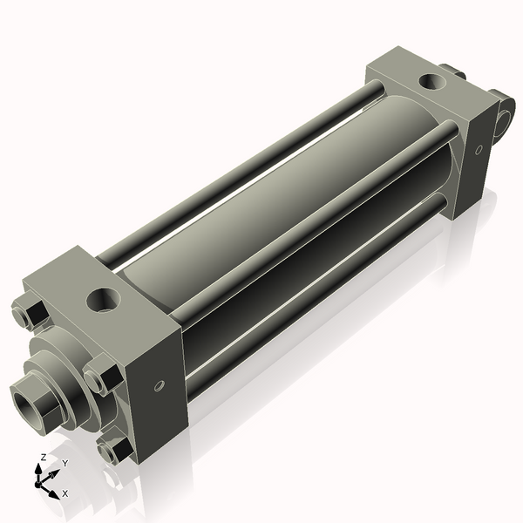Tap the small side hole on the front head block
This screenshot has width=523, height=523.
click(159, 384)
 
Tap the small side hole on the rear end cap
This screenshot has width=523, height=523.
click(478, 150)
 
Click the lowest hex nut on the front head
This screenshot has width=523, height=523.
click(113, 450)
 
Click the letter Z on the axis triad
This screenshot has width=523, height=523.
click(43, 457)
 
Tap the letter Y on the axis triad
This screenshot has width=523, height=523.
click(65, 463)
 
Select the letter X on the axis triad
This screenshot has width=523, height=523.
click(65, 493)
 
